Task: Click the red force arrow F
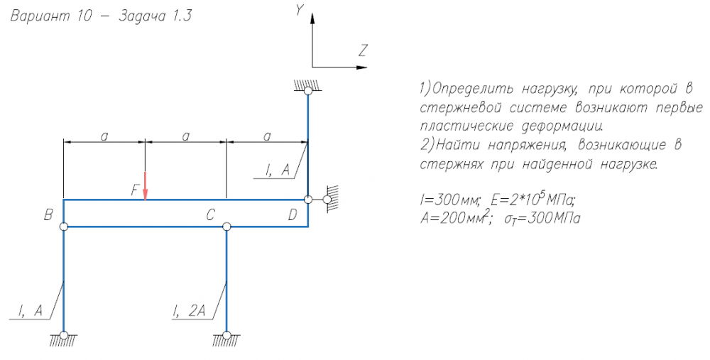[x=146, y=187]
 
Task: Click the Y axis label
[x=300, y=10]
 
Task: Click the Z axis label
[x=363, y=50]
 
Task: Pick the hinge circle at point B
[x=64, y=227]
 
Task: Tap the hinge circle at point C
[x=226, y=227]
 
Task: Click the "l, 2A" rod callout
[x=190, y=310]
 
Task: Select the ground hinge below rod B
[x=64, y=335]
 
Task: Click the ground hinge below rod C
[x=226, y=335]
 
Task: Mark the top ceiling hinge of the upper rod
[x=307, y=90]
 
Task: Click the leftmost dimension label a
[x=104, y=135]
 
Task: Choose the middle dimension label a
[x=186, y=135]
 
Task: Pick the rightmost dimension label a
[x=267, y=135]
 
